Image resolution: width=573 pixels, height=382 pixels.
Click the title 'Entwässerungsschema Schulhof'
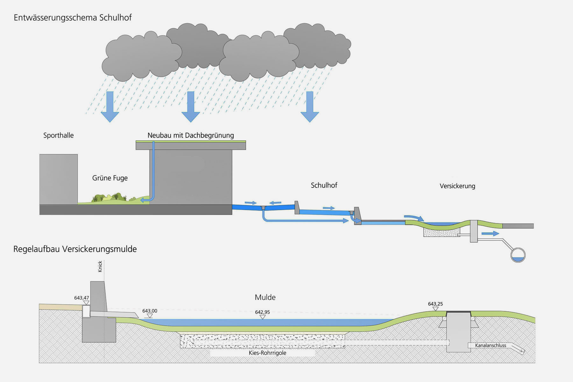pos(73,18)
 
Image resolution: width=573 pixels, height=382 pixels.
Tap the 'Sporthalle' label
pos(59,135)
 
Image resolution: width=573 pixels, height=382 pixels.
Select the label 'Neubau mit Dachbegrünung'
pos(191,135)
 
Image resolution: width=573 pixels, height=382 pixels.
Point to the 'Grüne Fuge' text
pos(110,178)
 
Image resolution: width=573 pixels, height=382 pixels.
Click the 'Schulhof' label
pos(324,185)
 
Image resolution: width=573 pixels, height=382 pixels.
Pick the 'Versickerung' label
pos(457,186)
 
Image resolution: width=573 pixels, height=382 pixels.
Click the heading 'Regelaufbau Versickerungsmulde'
pos(75,249)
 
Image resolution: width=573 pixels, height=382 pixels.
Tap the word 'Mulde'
pos(265,297)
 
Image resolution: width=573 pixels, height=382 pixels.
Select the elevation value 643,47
pos(81,298)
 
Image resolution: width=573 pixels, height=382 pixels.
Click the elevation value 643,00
pos(150,311)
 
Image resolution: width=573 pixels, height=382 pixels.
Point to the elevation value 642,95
pos(262,312)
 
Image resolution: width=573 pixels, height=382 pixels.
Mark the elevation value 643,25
pos(435,304)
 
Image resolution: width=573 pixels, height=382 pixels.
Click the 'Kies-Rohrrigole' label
pos(267,353)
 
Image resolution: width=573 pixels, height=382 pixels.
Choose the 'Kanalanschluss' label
pos(491,345)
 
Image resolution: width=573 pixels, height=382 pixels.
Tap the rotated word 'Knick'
pos(100,266)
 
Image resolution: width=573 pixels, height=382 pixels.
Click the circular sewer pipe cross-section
pos(518,255)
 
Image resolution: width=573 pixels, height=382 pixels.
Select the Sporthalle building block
pos(59,179)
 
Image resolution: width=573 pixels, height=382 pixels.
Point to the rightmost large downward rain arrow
pos(309,107)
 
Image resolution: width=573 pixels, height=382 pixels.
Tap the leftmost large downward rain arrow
pos(110,107)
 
